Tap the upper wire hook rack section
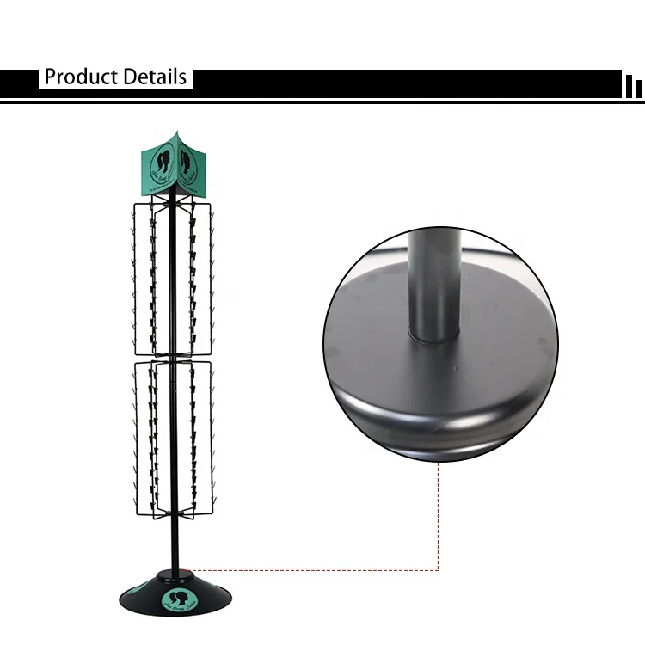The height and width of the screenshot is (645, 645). click(172, 275)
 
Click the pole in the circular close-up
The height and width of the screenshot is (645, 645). click(430, 275)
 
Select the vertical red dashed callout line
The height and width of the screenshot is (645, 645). click(439, 516)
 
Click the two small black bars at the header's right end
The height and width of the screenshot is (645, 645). click(633, 86)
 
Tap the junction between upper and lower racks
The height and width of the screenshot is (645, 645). click(172, 355)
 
